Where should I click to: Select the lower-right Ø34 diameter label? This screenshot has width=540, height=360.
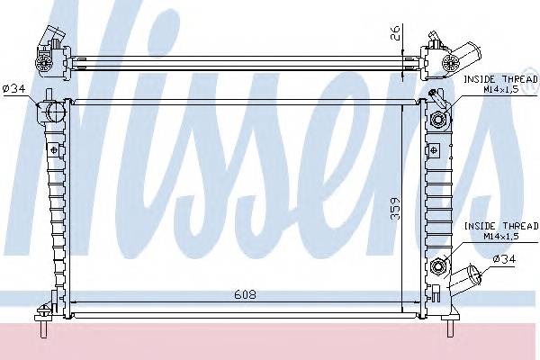pyautogui.click(x=504, y=260)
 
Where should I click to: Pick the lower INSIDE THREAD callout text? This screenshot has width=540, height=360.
pyautogui.click(x=499, y=227)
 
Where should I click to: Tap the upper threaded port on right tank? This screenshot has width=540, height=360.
pyautogui.click(x=441, y=121)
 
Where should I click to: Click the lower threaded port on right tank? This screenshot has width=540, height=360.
pyautogui.click(x=441, y=265)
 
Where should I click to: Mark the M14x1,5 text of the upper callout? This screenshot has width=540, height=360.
pyautogui.click(x=499, y=90)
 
